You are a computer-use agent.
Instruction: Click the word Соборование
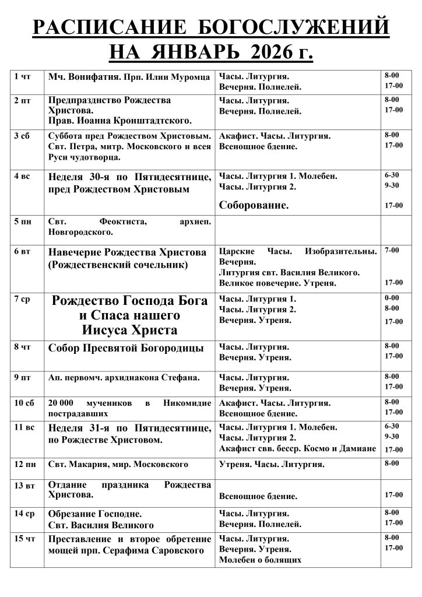254,205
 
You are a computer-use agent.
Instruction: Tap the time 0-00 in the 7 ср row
392,298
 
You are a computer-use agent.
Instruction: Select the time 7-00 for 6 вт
392,250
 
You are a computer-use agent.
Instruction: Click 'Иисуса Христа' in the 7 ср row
130,331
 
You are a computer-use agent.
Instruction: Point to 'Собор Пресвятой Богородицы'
126,348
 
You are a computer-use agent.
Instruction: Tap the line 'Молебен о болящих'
260,560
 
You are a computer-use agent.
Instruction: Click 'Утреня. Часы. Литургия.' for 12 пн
272,464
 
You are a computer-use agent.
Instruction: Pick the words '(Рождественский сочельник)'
118,265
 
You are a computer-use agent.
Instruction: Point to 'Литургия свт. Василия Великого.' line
289,272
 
